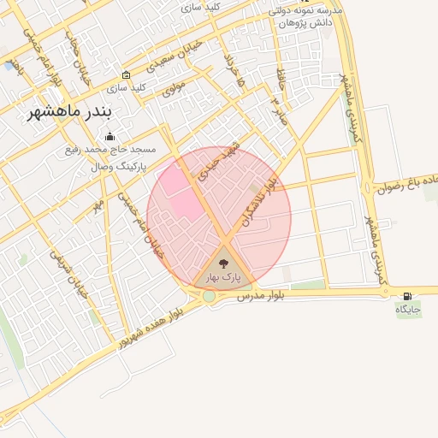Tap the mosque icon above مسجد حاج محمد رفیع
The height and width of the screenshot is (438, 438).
(109, 136)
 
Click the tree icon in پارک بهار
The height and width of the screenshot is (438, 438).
(224, 263)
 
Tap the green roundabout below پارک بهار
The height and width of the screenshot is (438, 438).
(210, 296)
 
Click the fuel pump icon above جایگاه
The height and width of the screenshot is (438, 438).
(406, 296)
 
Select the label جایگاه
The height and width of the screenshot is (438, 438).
(408, 309)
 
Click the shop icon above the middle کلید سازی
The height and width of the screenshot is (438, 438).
(127, 74)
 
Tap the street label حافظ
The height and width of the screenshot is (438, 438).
(280, 80)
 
